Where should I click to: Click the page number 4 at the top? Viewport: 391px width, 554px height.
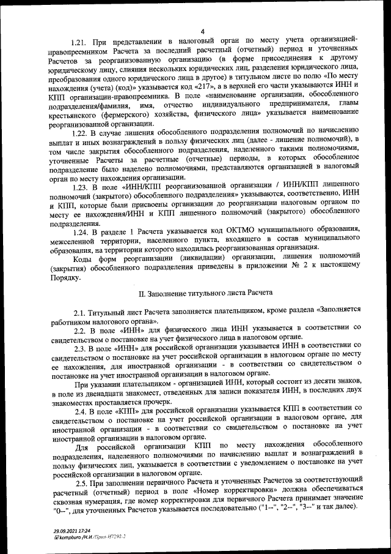(202, 31)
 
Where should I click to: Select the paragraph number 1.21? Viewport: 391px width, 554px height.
(80, 42)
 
